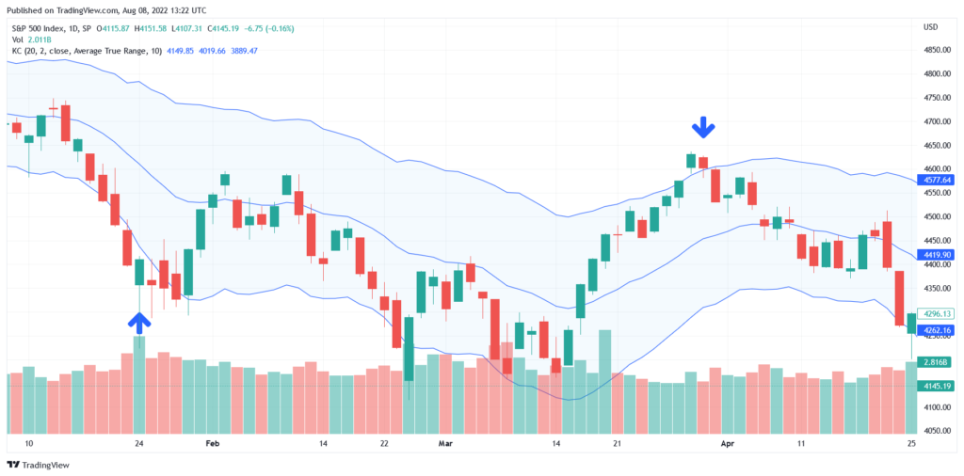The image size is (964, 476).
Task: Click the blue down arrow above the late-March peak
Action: point(703,128)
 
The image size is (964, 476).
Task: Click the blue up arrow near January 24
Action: point(139,323)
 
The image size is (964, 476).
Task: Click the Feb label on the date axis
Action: point(212,442)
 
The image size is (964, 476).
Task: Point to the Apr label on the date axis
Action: point(726,442)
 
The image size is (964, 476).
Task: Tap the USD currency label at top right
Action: point(931,26)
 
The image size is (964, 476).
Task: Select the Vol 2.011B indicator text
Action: point(33,39)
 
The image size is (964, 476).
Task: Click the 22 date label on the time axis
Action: point(384,442)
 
